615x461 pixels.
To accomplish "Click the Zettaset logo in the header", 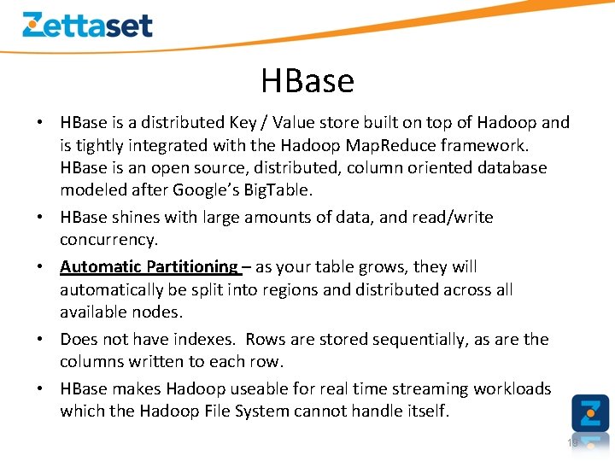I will coord(87,25).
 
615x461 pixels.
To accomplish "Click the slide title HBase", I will coord(307,81).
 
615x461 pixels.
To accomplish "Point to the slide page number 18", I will coord(572,442).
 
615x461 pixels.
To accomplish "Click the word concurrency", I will coord(108,240).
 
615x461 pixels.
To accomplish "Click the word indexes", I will coord(201,339).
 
